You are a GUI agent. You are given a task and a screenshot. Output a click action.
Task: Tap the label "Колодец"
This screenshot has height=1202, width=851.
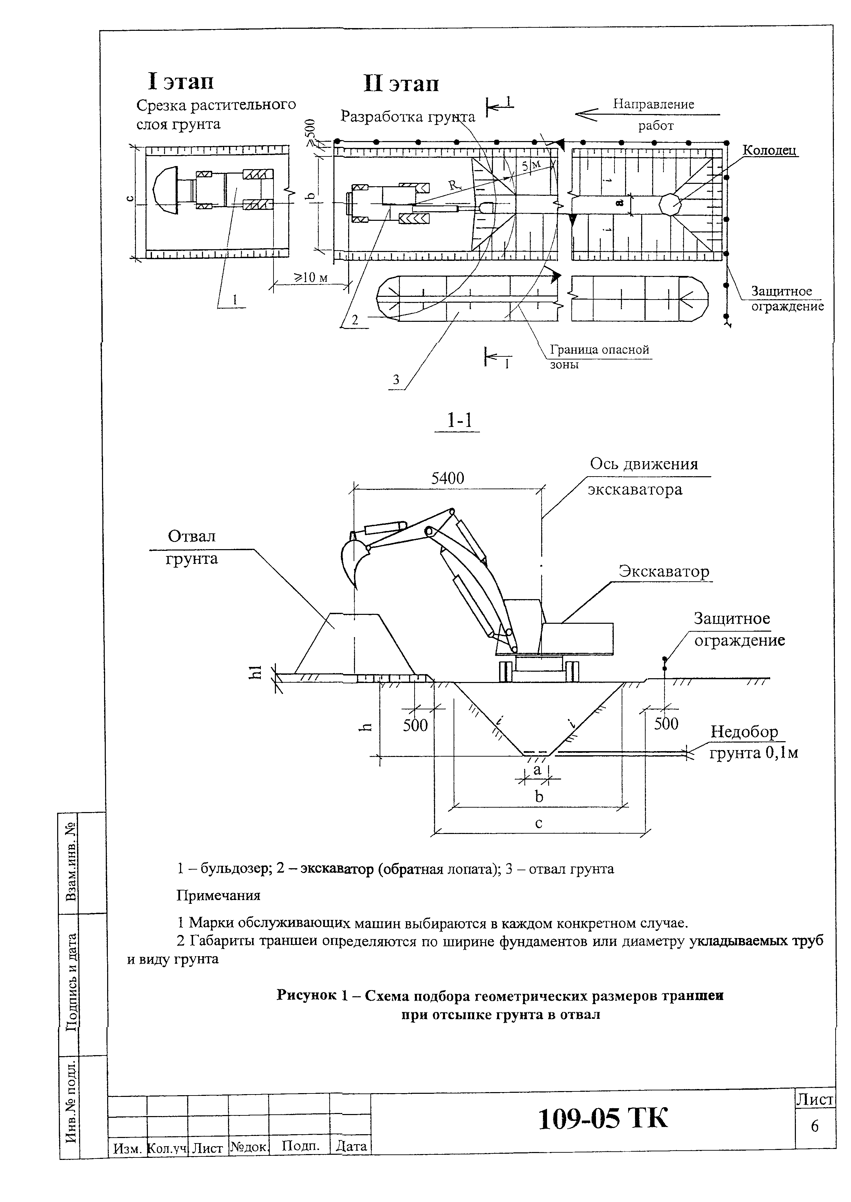[x=769, y=150]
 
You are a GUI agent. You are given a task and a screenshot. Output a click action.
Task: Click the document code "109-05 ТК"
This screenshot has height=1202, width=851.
[x=603, y=1119]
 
